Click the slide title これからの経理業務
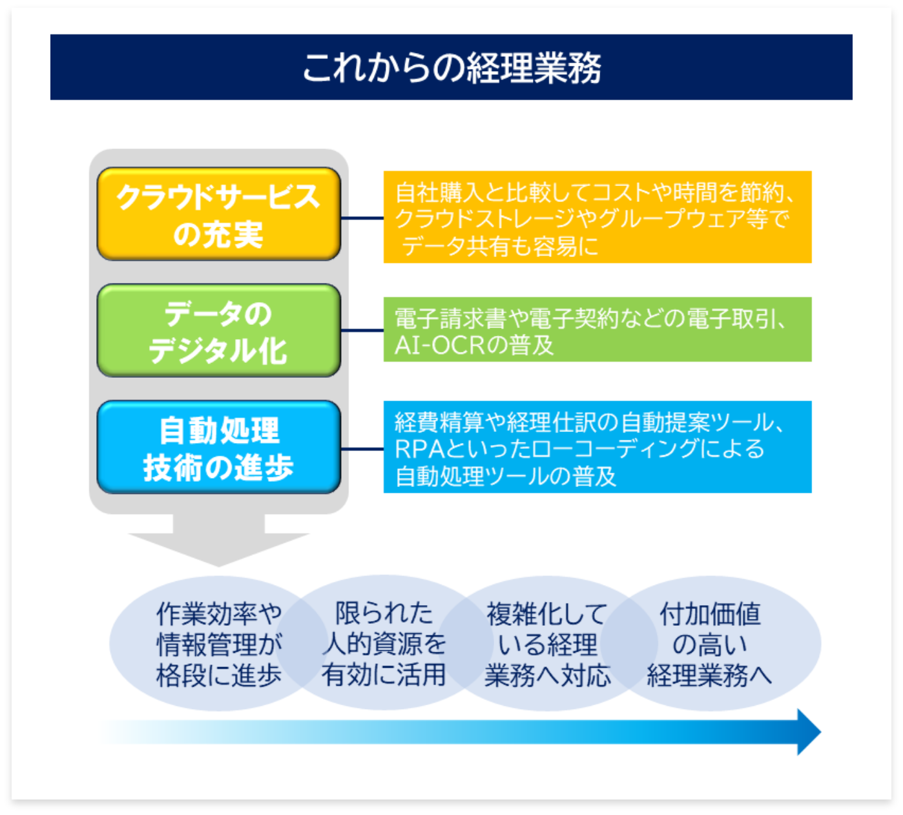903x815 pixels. tap(451, 68)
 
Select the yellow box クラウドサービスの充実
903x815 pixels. tap(218, 214)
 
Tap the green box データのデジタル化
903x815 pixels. tap(218, 331)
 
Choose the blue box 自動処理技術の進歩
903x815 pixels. tap(218, 448)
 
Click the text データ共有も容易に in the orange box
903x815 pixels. tap(499, 246)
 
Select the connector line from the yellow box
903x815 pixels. tap(362, 218)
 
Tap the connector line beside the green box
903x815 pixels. tap(362, 331)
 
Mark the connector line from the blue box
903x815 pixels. tap(362, 449)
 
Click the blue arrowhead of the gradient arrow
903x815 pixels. tap(808, 732)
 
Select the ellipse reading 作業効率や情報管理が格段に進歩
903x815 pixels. tap(207, 644)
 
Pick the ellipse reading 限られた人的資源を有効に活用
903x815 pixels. tap(384, 644)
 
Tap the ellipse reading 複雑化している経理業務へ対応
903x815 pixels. tap(548, 644)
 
